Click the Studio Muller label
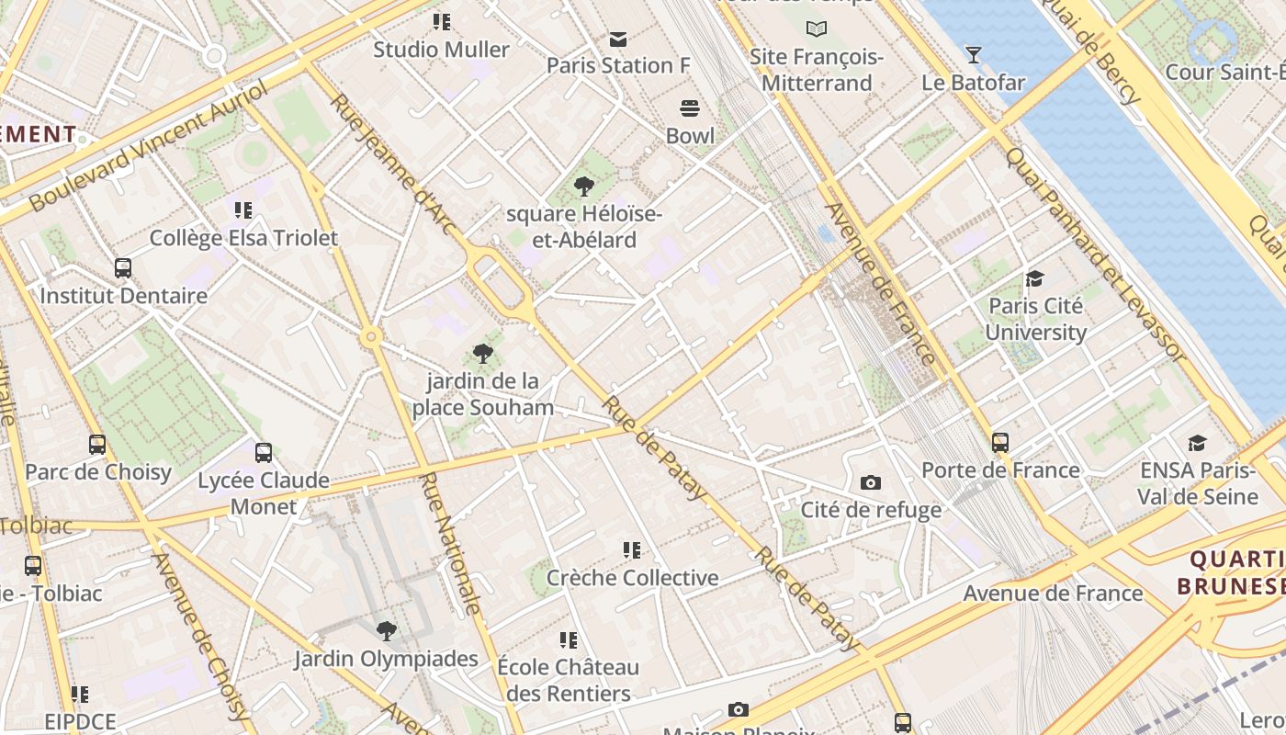tap(441, 50)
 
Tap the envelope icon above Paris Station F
tap(617, 39)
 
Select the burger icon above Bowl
tap(690, 108)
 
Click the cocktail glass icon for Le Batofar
tap(974, 55)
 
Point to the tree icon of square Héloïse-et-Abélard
tap(583, 187)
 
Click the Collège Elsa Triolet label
tap(243, 238)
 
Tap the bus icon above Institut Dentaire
tap(123, 268)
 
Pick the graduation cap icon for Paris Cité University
tap(1035, 278)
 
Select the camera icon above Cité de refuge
tap(870, 482)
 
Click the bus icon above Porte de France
tap(1000, 443)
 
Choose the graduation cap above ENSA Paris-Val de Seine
tap(1197, 444)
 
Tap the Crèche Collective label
tap(632, 578)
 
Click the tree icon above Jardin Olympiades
tap(387, 631)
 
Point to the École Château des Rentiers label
tap(568, 680)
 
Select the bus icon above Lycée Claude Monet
tap(264, 452)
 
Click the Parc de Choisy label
tap(98, 472)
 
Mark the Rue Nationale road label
tap(450, 542)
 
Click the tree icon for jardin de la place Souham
tap(482, 354)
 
